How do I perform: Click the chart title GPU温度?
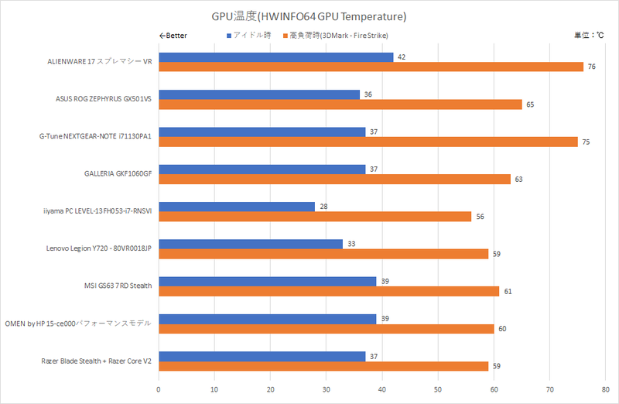click(309, 15)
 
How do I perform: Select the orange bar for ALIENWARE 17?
click(371, 67)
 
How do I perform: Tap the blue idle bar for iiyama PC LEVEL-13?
click(237, 207)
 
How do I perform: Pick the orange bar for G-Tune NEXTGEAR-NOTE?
click(368, 142)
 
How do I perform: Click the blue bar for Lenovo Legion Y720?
click(251, 244)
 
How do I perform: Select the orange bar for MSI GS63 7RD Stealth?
click(329, 291)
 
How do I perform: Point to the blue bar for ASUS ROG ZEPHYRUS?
click(259, 94)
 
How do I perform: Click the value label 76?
click(591, 67)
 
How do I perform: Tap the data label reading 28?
click(323, 207)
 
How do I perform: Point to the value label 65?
click(530, 104)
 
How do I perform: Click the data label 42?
click(402, 57)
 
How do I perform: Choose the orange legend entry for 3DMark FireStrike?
click(336, 36)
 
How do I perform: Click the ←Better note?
click(173, 36)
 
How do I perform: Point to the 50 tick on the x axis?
click(438, 390)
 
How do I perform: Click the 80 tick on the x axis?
click(605, 390)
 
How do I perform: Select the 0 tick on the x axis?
click(159, 390)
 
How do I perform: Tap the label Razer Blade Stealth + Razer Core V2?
click(96, 361)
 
